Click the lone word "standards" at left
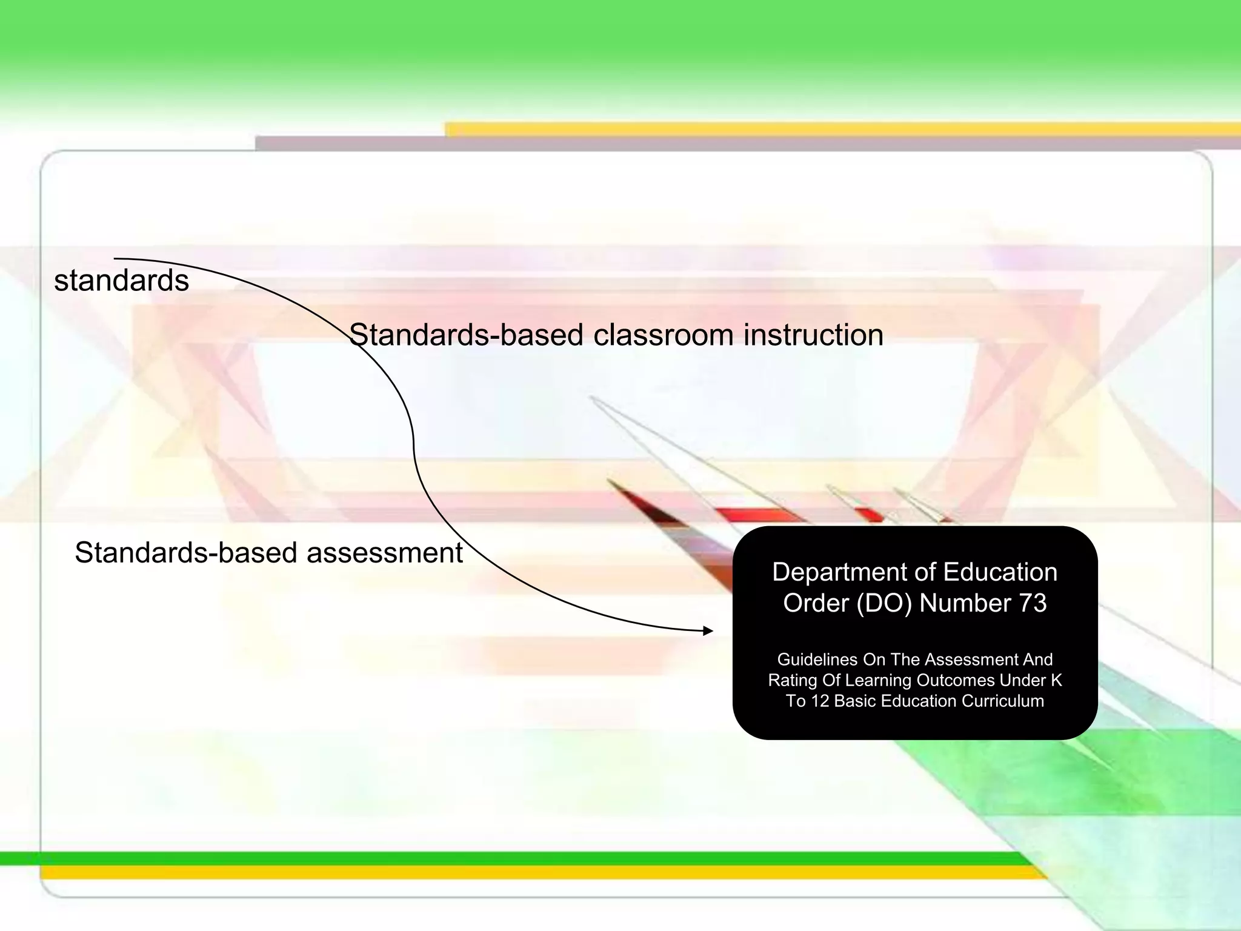121,281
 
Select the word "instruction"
813,335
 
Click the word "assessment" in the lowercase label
385,553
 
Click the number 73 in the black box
1033,603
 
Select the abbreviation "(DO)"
883,603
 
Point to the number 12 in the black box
820,701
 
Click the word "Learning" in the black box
879,681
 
